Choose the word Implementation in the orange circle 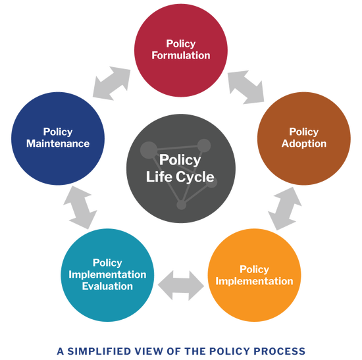(255, 281)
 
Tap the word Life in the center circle (160, 176)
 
